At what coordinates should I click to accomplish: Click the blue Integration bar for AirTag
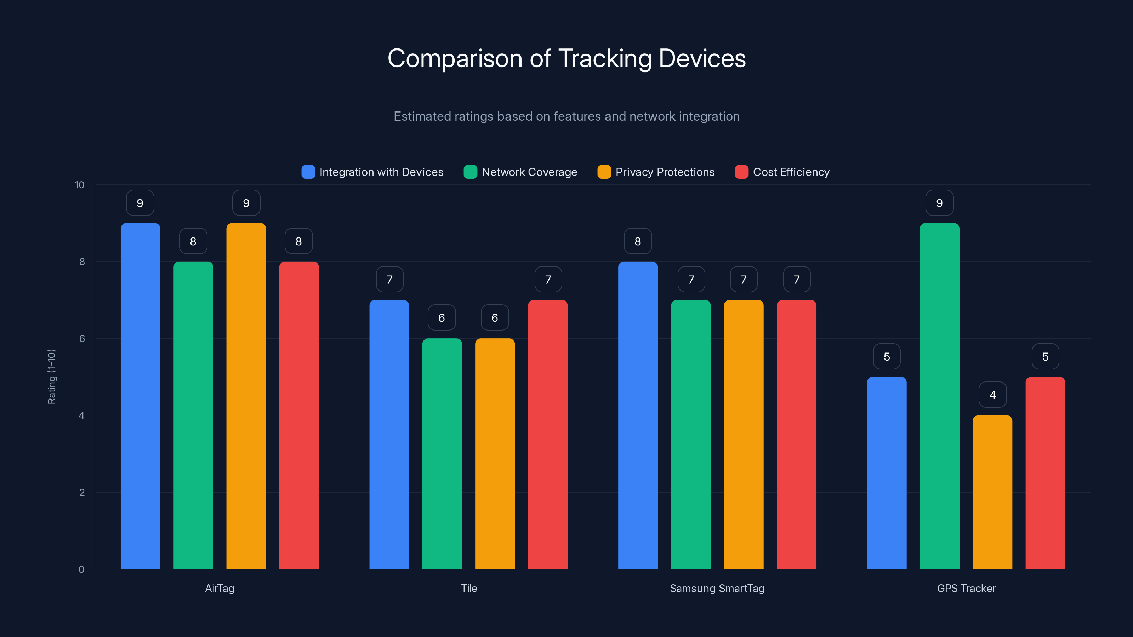[x=140, y=396]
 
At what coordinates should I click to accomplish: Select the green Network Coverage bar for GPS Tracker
[x=939, y=396]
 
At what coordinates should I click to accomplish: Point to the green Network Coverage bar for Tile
[x=442, y=453]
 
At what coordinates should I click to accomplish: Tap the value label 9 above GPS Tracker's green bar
[x=939, y=203]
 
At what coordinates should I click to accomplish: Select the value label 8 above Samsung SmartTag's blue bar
[x=638, y=241]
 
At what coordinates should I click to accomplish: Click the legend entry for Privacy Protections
[x=665, y=172]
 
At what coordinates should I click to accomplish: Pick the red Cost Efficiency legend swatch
[x=741, y=172]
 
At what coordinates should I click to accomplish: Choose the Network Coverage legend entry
[x=529, y=172]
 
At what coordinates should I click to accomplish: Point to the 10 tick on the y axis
[x=80, y=185]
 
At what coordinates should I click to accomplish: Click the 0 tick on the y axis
[x=81, y=569]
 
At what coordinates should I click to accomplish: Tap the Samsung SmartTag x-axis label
[x=717, y=588]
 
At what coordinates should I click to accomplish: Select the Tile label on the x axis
[x=469, y=588]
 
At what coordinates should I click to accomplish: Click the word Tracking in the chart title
[x=605, y=58]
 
